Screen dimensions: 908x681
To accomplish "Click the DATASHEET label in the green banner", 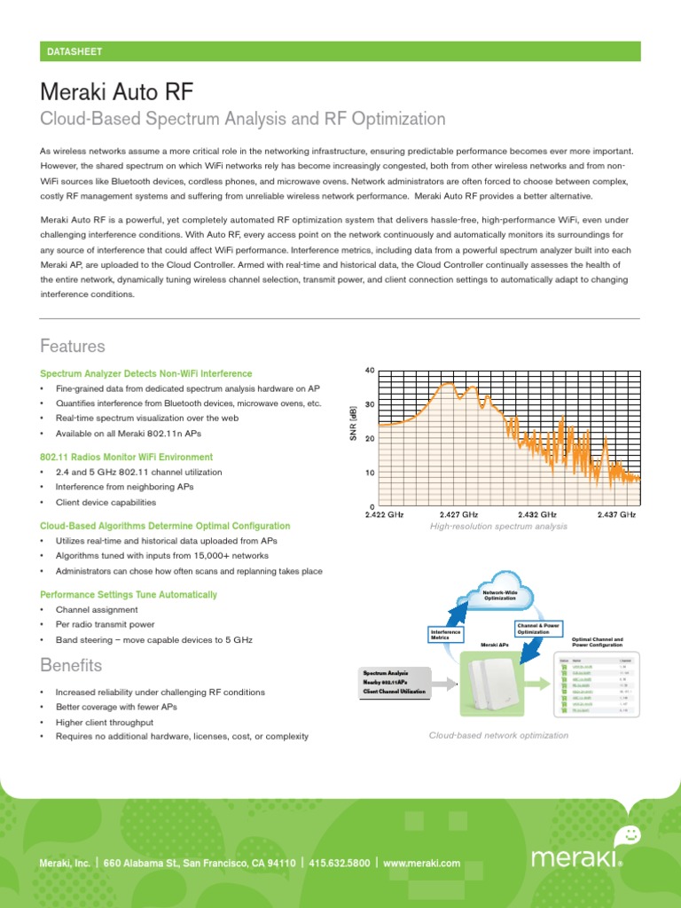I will click(x=74, y=52).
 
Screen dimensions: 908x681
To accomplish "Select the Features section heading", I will click(x=73, y=346).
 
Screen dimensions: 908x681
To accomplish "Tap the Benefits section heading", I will click(x=71, y=665).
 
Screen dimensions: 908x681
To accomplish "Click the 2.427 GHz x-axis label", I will click(x=458, y=514).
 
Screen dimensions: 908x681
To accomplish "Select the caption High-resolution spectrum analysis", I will click(x=498, y=527).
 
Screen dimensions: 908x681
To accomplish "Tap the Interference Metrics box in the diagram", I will click(x=447, y=634).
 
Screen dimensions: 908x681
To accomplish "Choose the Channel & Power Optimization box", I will click(x=539, y=629).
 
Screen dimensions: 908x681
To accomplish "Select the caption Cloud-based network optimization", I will click(x=498, y=736).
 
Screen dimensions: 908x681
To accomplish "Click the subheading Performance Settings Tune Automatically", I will click(x=129, y=594).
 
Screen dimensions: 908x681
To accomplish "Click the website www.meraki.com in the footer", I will click(x=422, y=863).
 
